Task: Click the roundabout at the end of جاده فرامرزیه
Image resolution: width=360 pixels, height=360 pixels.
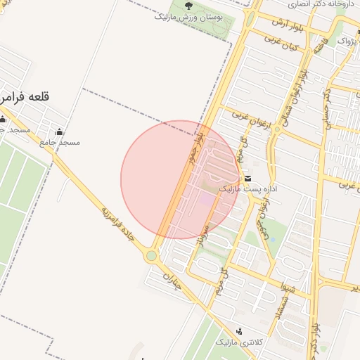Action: [150, 256]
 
